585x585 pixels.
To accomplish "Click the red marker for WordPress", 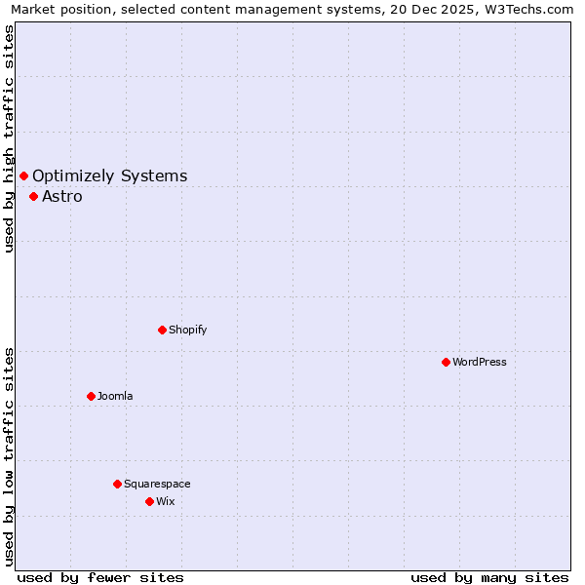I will click(x=446, y=362).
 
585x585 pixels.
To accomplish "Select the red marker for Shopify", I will click(x=162, y=330).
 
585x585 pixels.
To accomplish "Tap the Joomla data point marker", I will click(x=91, y=396).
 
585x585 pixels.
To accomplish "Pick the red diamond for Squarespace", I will click(x=117, y=484).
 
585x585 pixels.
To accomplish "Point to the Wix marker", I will click(x=149, y=501).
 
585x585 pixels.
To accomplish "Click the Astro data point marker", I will click(x=33, y=196).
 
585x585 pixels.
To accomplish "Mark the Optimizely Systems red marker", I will click(x=23, y=175).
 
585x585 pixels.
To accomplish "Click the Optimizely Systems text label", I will click(x=109, y=176).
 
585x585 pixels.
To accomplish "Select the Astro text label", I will click(x=62, y=197).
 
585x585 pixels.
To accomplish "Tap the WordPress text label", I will click(x=480, y=363).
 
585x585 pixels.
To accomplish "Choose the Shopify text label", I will click(x=188, y=331).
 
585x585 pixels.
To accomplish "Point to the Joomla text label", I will click(x=115, y=397).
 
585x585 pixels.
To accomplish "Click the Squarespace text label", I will click(x=157, y=485).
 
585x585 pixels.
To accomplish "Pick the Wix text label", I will click(x=166, y=502).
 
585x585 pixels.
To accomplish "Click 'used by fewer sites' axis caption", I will click(x=100, y=577).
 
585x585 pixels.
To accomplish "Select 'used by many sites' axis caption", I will click(x=489, y=577).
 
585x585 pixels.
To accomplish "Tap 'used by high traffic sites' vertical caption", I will click(x=10, y=138).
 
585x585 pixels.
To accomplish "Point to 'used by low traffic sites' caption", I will click(x=10, y=456).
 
